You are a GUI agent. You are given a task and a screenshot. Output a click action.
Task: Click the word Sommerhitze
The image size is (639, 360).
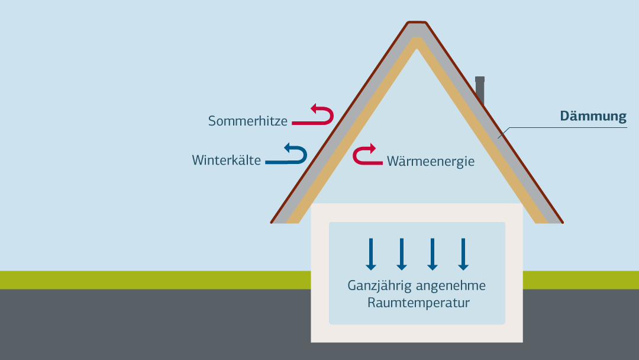point(247,121)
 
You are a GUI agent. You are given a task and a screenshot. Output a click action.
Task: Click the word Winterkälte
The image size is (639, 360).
point(226,160)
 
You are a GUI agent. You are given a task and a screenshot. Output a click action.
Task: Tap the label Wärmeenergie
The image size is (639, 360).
point(431,161)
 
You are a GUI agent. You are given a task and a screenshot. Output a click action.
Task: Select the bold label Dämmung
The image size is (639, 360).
point(593,116)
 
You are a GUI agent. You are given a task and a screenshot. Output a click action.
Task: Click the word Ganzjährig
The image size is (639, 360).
point(379,286)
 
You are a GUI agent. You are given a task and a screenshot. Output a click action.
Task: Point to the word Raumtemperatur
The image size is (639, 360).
point(418,303)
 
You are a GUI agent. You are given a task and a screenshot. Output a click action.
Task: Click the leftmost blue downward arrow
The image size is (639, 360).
point(371,254)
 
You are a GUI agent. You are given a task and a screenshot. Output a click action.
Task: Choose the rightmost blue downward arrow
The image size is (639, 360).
point(463,254)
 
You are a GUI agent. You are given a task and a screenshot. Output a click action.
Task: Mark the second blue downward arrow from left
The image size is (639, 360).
point(402,254)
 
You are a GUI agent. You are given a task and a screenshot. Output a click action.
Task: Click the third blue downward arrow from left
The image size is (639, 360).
point(433,254)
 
